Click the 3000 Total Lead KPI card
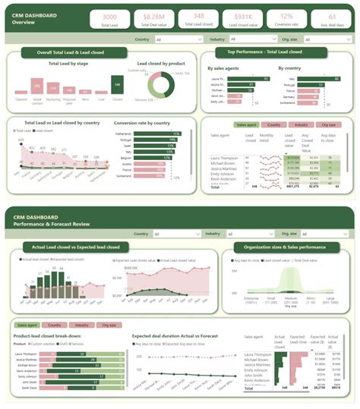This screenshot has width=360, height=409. click(x=109, y=19)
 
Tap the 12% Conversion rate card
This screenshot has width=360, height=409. click(x=287, y=19)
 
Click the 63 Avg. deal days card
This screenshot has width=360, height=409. click(x=331, y=19)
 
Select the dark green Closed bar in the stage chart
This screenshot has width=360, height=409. click(x=118, y=85)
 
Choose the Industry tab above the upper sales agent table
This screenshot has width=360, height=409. click(x=300, y=124)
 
